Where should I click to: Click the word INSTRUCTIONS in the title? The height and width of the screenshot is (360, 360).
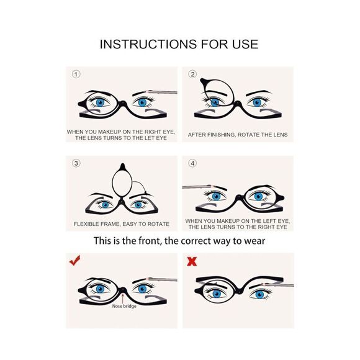(148, 44)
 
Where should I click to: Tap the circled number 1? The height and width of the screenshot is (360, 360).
(76, 74)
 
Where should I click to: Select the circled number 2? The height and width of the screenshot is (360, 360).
(192, 74)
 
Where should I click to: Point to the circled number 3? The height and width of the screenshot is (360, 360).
(76, 163)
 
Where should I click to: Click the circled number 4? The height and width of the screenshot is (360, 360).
(192, 163)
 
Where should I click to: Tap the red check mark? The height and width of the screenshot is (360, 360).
(75, 260)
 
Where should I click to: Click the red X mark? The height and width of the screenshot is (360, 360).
(192, 261)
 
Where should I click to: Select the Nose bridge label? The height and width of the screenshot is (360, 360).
(124, 306)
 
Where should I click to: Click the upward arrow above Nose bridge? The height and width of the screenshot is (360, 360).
(123, 298)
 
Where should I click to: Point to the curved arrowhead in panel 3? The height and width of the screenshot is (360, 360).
(145, 192)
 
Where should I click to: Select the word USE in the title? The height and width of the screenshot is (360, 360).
(245, 44)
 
